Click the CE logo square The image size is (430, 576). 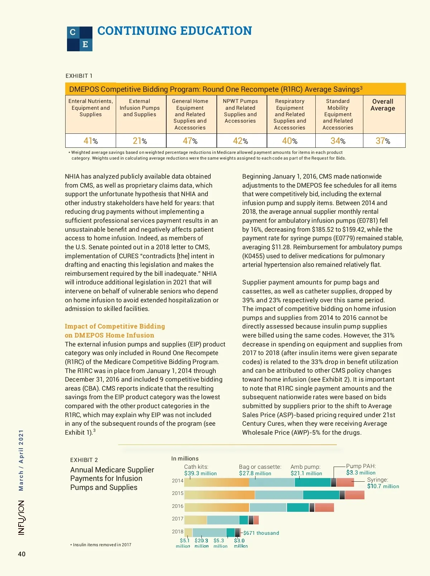tap(80, 39)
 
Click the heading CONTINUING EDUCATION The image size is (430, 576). tap(175, 31)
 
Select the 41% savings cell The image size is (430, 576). tap(90, 141)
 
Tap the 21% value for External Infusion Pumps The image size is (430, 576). tap(140, 141)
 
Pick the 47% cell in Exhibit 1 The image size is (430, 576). tap(190, 141)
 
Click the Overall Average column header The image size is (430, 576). tap(383, 105)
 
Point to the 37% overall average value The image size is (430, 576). tap(383, 141)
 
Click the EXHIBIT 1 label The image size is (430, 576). tap(79, 76)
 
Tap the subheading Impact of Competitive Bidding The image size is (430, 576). tap(115, 326)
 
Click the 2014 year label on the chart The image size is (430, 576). tap(178, 481)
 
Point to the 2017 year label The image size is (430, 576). tap(178, 519)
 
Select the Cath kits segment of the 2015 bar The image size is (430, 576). tap(219, 495)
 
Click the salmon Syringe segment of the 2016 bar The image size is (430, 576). tap(324, 507)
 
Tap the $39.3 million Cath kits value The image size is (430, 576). tap(200, 473)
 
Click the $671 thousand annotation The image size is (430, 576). tap(261, 533)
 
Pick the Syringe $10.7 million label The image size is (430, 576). tap(383, 486)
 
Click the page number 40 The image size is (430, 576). tap(22, 554)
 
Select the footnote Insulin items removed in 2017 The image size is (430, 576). tap(101, 545)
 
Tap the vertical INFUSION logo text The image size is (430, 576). tap(21, 518)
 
